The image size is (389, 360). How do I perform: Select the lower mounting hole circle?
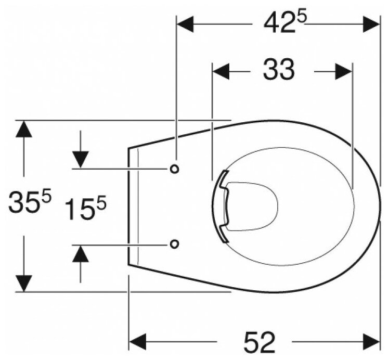pos(175,243)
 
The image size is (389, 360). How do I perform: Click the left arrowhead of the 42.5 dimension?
pos(186,23)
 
